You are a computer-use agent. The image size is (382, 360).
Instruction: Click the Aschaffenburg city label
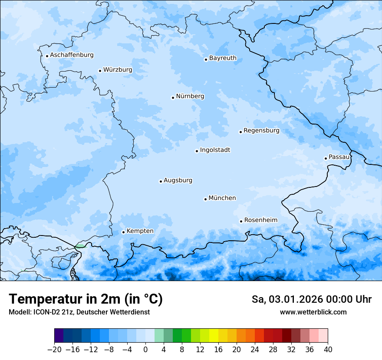coord(72,55)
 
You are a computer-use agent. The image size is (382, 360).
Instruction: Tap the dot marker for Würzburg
coord(100,71)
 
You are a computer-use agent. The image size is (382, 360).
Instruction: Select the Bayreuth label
coord(223,58)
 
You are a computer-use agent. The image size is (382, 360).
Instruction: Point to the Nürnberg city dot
coord(173,98)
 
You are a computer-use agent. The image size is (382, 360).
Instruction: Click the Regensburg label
coord(261,131)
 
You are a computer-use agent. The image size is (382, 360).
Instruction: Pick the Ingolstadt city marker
coord(197,151)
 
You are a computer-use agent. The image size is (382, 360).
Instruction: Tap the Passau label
coord(339,157)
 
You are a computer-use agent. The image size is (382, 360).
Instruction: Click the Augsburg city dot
coord(161,181)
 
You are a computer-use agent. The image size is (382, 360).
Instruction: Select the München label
coord(222,198)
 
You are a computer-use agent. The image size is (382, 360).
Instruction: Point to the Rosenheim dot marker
coord(241,221)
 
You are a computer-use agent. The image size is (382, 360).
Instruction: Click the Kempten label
coord(140,231)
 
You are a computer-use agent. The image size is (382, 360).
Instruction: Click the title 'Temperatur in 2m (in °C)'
coord(86,299)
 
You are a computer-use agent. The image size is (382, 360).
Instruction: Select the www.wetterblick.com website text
coord(313,312)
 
